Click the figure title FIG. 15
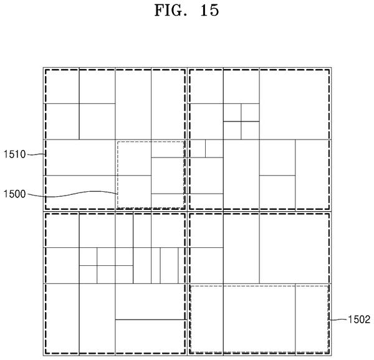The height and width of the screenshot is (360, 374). pos(186,11)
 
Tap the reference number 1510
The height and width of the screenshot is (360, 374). pos(14,154)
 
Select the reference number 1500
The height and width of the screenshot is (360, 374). pos(14,194)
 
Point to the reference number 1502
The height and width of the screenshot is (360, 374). pos(359,320)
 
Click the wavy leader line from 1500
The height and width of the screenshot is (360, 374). pos(72,194)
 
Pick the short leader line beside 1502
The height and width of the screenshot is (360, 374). pos(338,320)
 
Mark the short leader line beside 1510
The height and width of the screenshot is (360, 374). pos(36,154)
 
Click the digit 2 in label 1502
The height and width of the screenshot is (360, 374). pos(368,320)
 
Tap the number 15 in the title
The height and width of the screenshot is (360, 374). pos(209,11)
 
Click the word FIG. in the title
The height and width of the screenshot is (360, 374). pos(169,11)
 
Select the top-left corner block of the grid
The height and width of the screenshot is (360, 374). pos(61,86)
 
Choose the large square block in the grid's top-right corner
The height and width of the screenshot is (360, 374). pos(295,103)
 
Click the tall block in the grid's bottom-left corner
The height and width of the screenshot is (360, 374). pos(61,320)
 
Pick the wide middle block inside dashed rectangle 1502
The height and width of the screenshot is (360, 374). pos(259,320)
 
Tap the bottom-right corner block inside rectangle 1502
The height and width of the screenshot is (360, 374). pos(313,320)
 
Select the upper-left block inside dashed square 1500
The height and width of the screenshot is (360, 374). pos(133,158)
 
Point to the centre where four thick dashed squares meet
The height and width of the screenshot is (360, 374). pos(187,211)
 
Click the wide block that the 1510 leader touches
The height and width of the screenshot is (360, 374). pos(79,158)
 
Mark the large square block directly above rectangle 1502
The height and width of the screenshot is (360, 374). pos(295,247)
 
